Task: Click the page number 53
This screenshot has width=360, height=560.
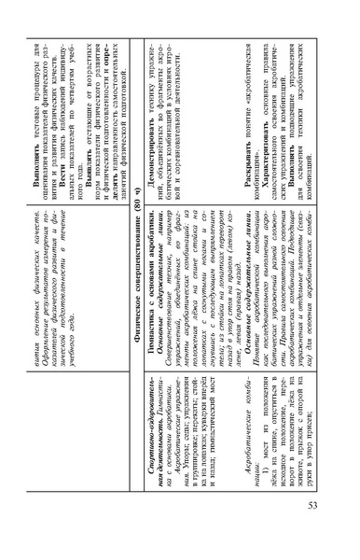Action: (x=315, y=530)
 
